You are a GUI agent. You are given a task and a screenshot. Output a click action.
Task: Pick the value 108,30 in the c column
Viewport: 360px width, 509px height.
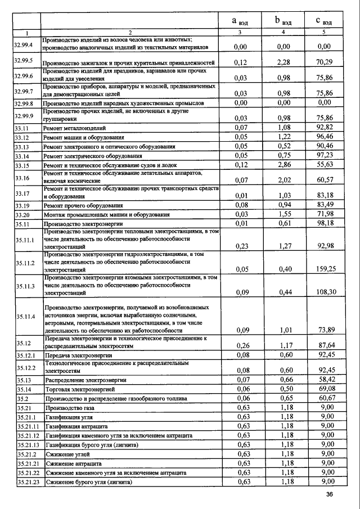(x=326, y=292)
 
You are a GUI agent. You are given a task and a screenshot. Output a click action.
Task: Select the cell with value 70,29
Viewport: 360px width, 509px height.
(x=325, y=62)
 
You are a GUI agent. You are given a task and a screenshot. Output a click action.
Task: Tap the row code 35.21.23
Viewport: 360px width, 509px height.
(x=27, y=482)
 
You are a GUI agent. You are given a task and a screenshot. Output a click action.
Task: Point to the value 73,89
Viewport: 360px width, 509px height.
(x=326, y=330)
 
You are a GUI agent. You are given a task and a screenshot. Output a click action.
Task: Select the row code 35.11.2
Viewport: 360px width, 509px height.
(x=26, y=263)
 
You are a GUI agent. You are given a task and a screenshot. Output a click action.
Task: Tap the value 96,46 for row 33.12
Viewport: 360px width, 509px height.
(x=325, y=137)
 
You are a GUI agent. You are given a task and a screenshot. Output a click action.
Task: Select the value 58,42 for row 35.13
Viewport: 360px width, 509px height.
(x=325, y=380)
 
